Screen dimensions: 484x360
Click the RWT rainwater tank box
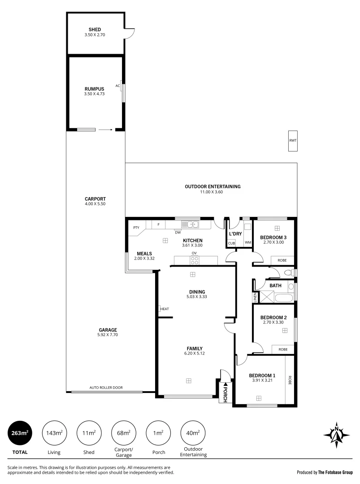(293, 140)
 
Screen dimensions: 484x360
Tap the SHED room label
(95, 30)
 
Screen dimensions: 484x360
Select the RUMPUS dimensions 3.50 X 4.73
(95, 94)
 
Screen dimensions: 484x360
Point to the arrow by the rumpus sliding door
(105, 130)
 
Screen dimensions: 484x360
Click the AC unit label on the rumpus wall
(117, 86)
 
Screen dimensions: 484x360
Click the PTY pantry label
(136, 227)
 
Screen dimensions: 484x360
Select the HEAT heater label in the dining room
(165, 309)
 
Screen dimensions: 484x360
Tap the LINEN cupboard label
(255, 297)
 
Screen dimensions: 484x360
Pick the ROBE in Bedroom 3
(282, 260)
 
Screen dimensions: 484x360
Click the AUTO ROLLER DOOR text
(106, 388)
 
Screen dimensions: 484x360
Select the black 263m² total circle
(20, 432)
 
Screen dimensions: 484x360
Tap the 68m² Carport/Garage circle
(124, 432)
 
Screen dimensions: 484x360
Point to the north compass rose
(336, 434)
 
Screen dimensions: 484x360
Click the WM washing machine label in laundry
(247, 243)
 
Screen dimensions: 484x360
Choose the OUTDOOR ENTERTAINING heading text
(213, 186)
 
